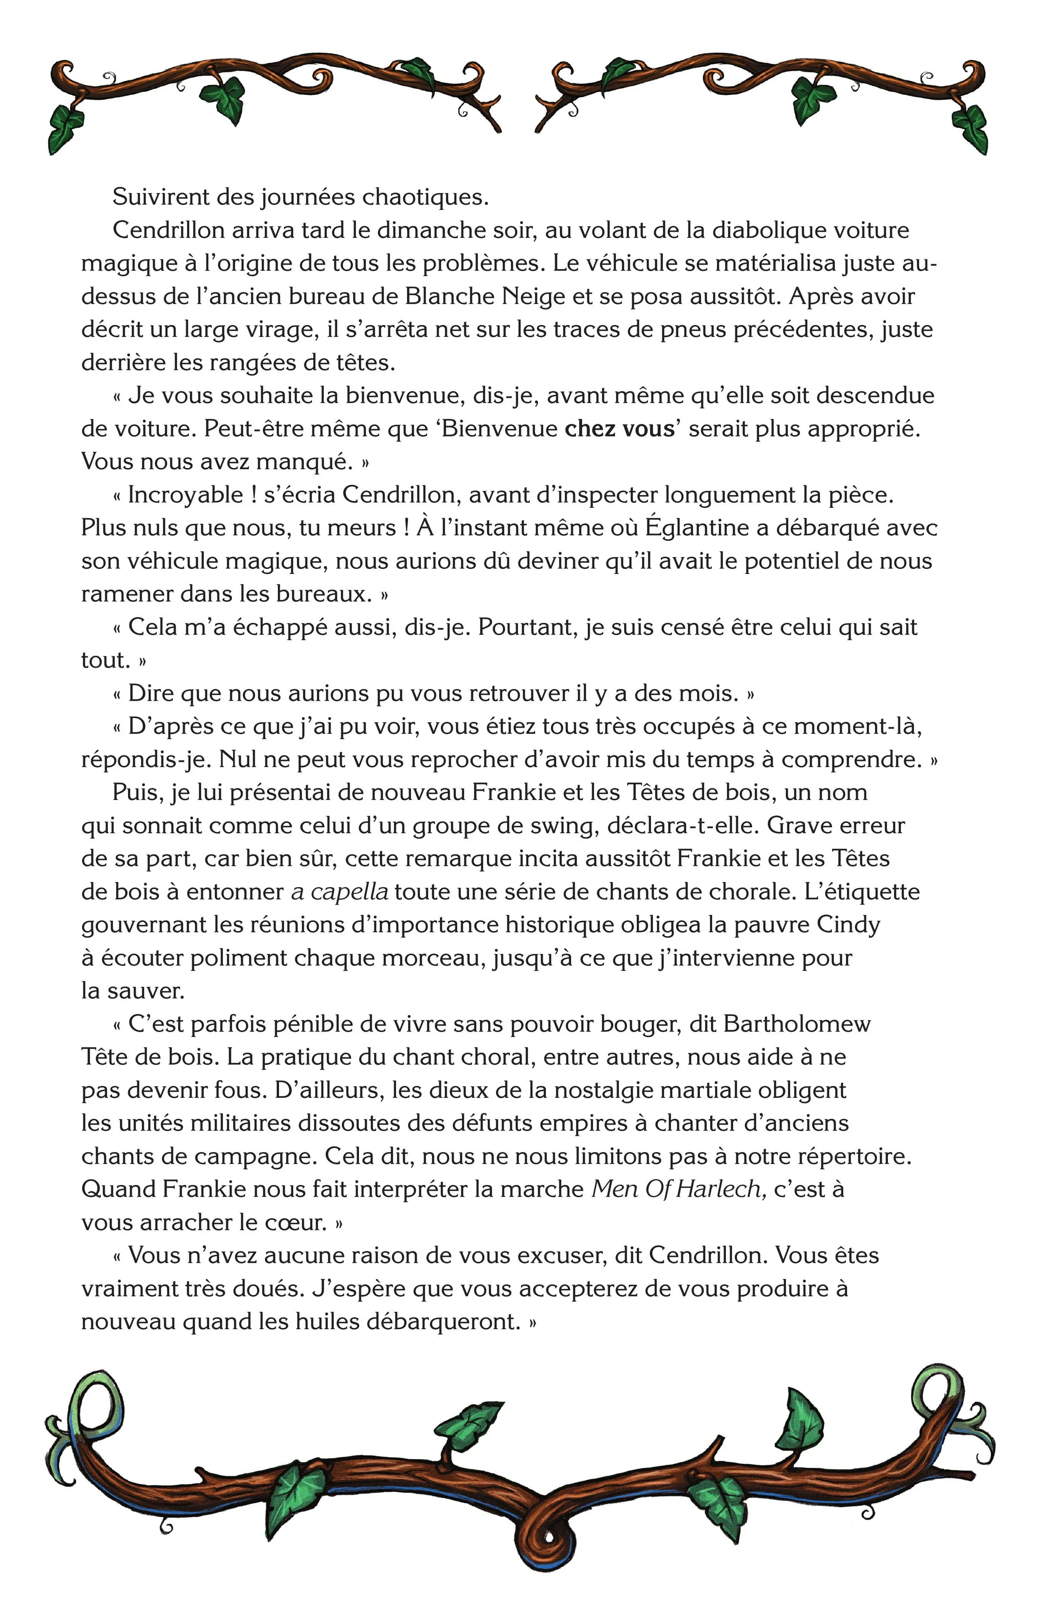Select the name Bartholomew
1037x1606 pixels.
[x=797, y=1024]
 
